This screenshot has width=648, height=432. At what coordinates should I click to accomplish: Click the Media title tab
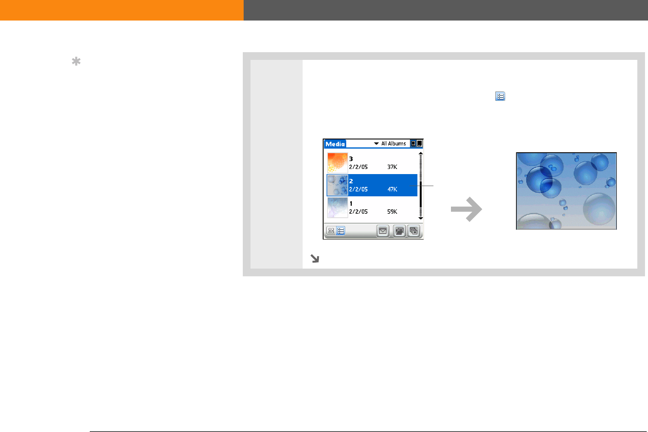[x=335, y=144]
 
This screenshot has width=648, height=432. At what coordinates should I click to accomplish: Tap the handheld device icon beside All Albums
[x=413, y=143]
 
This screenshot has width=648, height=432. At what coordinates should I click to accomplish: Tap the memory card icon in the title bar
[x=419, y=143]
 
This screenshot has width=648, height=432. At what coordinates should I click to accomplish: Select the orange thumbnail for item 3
[x=337, y=163]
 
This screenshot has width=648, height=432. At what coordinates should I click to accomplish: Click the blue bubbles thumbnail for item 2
[x=337, y=185]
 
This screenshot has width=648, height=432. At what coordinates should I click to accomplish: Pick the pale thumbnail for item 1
[x=337, y=207]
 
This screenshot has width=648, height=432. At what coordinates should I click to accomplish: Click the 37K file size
[x=392, y=167]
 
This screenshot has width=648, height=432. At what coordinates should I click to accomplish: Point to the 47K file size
[x=392, y=189]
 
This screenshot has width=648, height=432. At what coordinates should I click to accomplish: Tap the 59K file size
[x=392, y=212]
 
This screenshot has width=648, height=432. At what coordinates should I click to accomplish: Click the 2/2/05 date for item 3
[x=359, y=167]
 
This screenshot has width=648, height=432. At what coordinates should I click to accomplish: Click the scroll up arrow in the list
[x=421, y=154]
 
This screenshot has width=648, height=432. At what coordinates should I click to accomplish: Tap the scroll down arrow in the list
[x=421, y=218]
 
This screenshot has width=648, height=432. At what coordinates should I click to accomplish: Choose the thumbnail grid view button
[x=331, y=231]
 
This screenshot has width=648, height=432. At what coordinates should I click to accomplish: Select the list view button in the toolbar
[x=341, y=231]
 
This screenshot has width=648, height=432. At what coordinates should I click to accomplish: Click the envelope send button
[x=383, y=231]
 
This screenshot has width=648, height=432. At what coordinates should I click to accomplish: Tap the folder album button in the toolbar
[x=400, y=231]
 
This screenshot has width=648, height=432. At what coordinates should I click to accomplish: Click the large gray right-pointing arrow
[x=466, y=209]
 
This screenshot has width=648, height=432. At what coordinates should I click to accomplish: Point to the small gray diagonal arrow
[x=315, y=258]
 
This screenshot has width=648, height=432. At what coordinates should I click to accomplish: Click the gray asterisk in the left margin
[x=76, y=61]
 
